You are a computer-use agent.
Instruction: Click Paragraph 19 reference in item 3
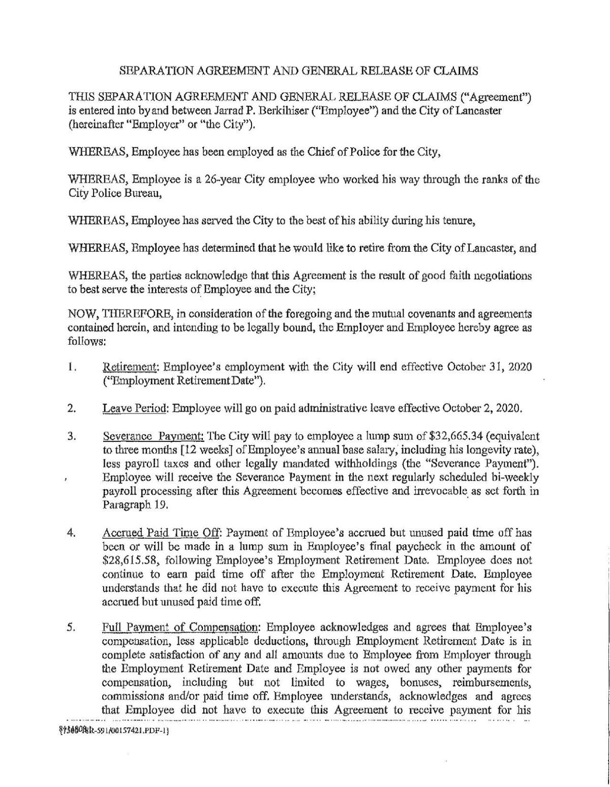coord(128,506)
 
